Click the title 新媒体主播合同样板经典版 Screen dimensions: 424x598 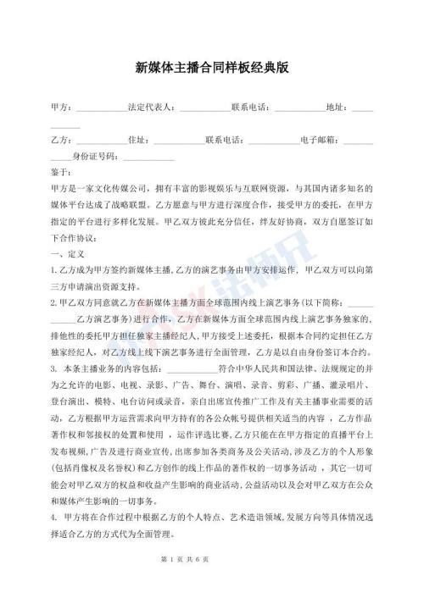coord(212,66)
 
